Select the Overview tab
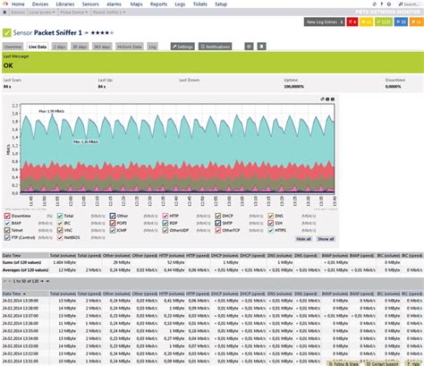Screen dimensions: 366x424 13,45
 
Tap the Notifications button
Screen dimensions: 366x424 220,45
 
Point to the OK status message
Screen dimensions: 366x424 9,65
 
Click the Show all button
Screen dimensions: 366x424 326,239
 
